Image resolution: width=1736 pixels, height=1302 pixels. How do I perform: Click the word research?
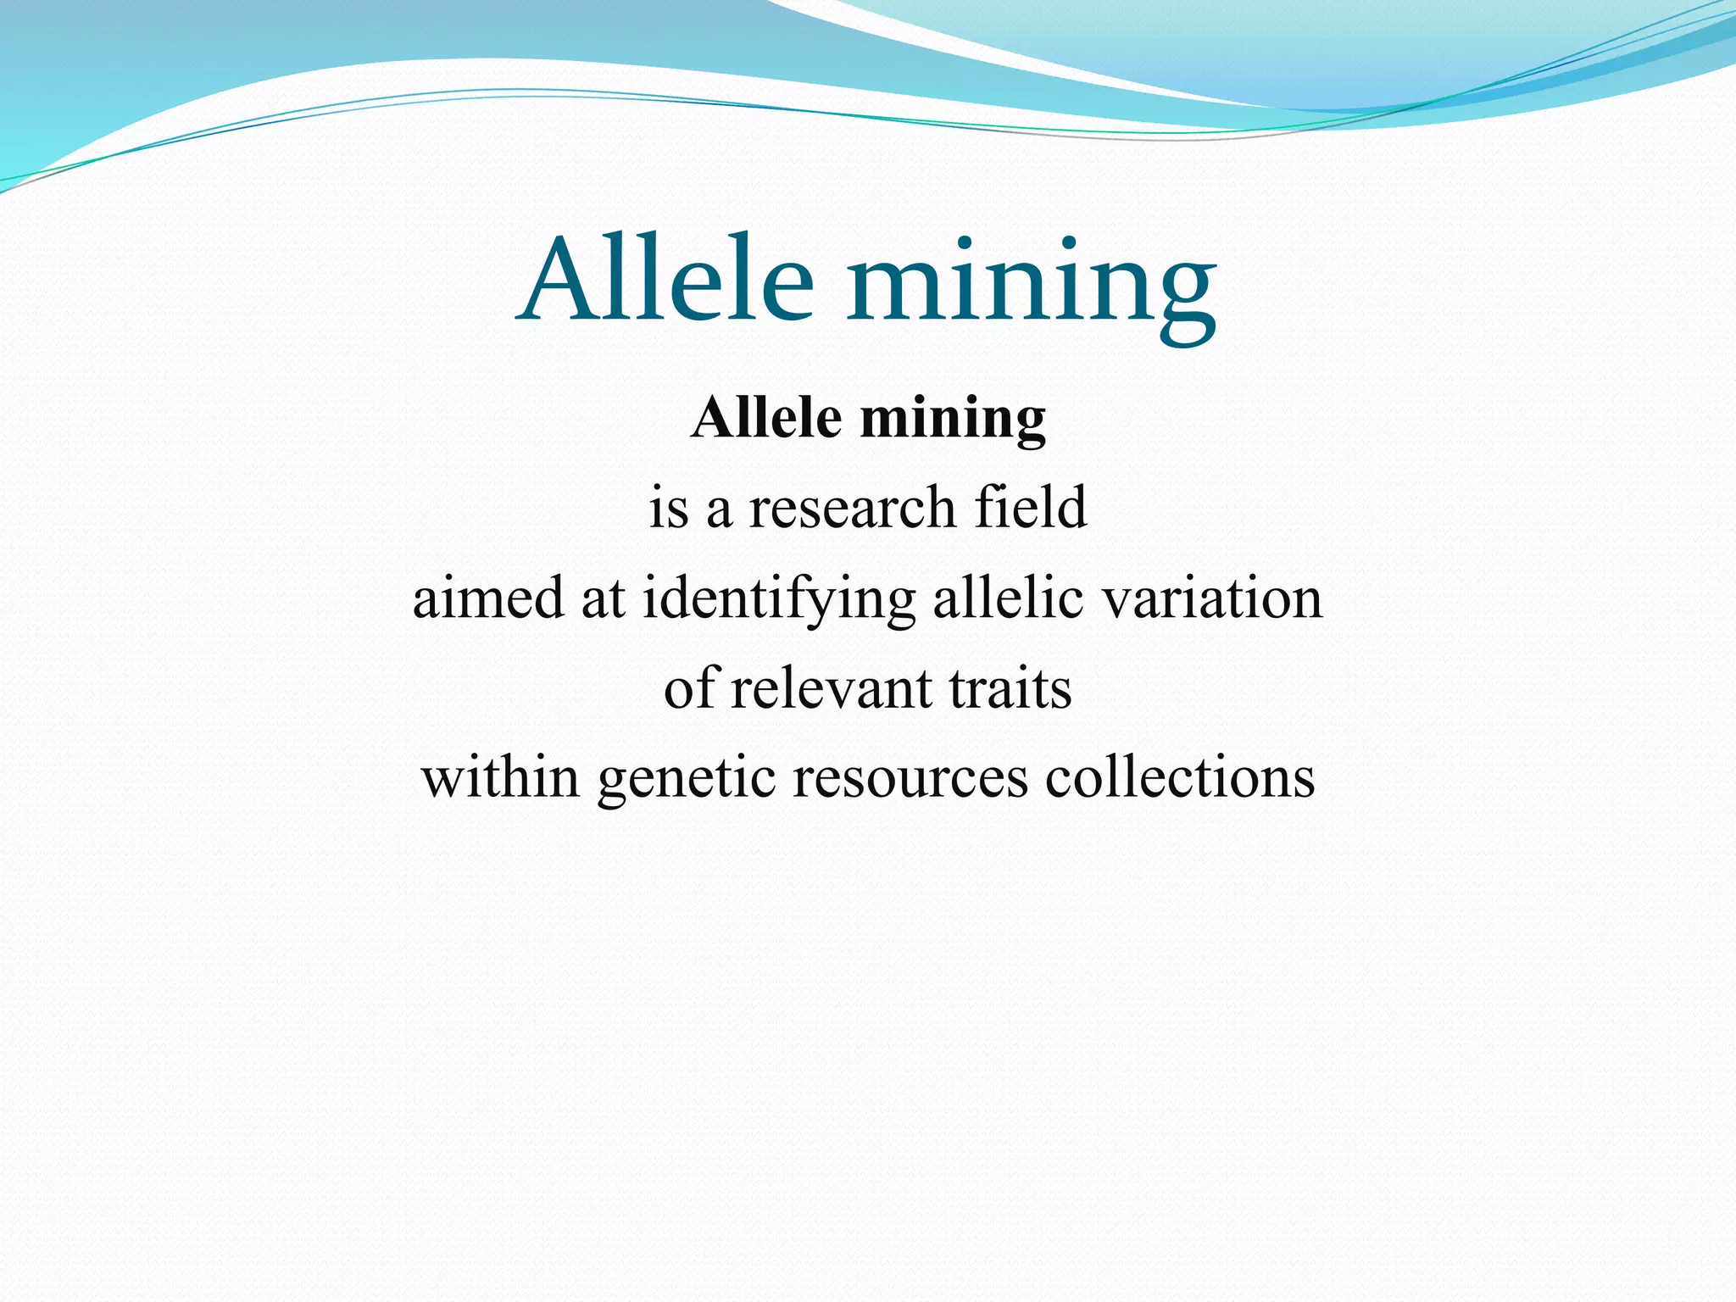coord(852,508)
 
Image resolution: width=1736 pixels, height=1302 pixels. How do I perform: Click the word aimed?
coord(487,598)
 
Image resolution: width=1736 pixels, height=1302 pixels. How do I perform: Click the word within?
coord(500,777)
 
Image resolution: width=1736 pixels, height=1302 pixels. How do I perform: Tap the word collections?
coord(1179,777)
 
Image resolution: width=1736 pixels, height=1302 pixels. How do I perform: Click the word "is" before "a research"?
coord(669,509)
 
